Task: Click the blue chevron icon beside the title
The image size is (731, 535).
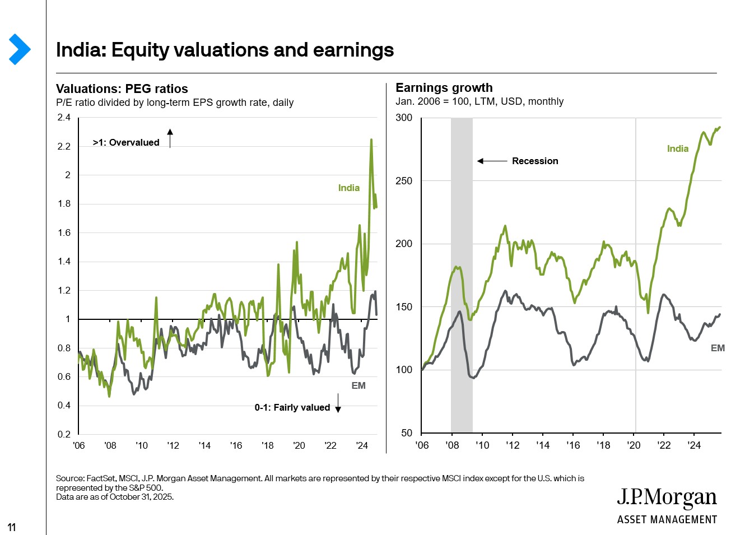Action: [x=20, y=49]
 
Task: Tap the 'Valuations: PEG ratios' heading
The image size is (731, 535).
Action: [x=122, y=89]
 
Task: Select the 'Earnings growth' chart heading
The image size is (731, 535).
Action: [x=444, y=87]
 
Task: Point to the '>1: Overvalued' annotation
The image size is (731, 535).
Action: [x=126, y=142]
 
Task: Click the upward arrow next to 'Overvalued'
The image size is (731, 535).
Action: [x=170, y=138]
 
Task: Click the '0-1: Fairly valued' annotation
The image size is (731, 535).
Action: [x=292, y=407]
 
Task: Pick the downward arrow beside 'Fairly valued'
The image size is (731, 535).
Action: [x=338, y=404]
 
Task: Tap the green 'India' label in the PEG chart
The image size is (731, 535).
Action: [x=348, y=188]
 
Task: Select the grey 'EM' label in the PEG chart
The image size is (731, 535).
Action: [x=358, y=385]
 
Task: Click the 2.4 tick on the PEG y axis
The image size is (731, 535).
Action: [x=64, y=117]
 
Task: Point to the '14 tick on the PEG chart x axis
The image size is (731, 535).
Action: [x=204, y=445]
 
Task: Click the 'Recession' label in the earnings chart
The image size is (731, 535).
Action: [x=534, y=161]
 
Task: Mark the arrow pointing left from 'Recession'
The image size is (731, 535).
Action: [x=491, y=161]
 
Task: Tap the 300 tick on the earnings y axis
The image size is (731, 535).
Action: [x=403, y=118]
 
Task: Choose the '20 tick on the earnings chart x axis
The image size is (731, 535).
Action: [x=634, y=445]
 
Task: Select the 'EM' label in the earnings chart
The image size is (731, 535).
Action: [x=717, y=348]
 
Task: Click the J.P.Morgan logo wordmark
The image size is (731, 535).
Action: [x=667, y=497]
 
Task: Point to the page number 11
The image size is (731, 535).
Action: [x=12, y=527]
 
